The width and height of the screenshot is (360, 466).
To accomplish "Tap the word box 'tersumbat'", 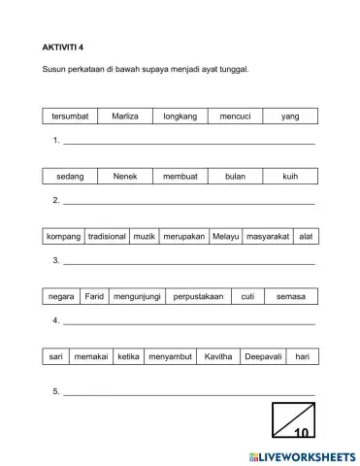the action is coord(70,116).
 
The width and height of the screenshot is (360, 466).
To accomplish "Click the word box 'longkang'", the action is coord(180,116).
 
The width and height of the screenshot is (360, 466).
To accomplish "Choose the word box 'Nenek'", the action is coord(125,177).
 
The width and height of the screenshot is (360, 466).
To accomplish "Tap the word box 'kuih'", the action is coord(290,177).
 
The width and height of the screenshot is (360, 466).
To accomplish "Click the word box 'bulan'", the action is coord(236,177).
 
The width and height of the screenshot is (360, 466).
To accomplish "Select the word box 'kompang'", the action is coord(64,237).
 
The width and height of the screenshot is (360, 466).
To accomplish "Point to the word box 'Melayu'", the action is coord(226,237).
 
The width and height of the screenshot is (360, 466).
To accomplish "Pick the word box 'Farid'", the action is coord(94,296).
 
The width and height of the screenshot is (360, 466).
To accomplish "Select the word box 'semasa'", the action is coord(291,296).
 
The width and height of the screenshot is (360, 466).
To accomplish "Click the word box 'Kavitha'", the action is coord(218,356).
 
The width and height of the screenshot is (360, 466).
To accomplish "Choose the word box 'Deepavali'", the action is coord(264,356).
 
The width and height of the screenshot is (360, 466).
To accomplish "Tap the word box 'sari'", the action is coord(56,356).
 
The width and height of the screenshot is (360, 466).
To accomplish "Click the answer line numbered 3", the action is coord(189,262).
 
